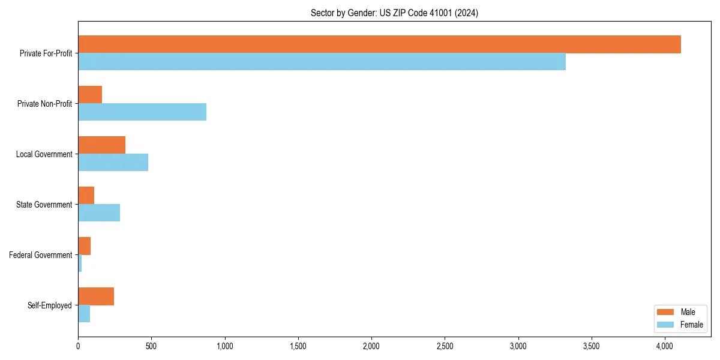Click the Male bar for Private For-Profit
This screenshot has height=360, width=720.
379,44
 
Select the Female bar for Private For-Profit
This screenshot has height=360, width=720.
322,62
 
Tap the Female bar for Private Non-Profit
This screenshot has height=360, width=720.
142,112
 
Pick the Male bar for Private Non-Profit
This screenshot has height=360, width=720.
90,95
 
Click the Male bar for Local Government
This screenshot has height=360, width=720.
101,145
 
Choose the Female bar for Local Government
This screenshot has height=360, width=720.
113,163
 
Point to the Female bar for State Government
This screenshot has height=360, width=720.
99,213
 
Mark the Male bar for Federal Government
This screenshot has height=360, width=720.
84,246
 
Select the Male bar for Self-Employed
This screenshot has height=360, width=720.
96,296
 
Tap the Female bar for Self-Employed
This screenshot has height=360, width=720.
84,314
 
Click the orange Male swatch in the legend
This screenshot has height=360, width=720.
666,313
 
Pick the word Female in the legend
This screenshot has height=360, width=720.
692,325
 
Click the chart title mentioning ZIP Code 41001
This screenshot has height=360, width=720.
394,13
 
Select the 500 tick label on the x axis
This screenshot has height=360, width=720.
151,346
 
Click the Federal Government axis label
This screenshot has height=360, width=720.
41,255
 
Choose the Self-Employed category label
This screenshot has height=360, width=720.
50,305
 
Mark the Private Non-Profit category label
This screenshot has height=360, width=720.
44,104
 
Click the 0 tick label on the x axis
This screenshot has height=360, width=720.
78,346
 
